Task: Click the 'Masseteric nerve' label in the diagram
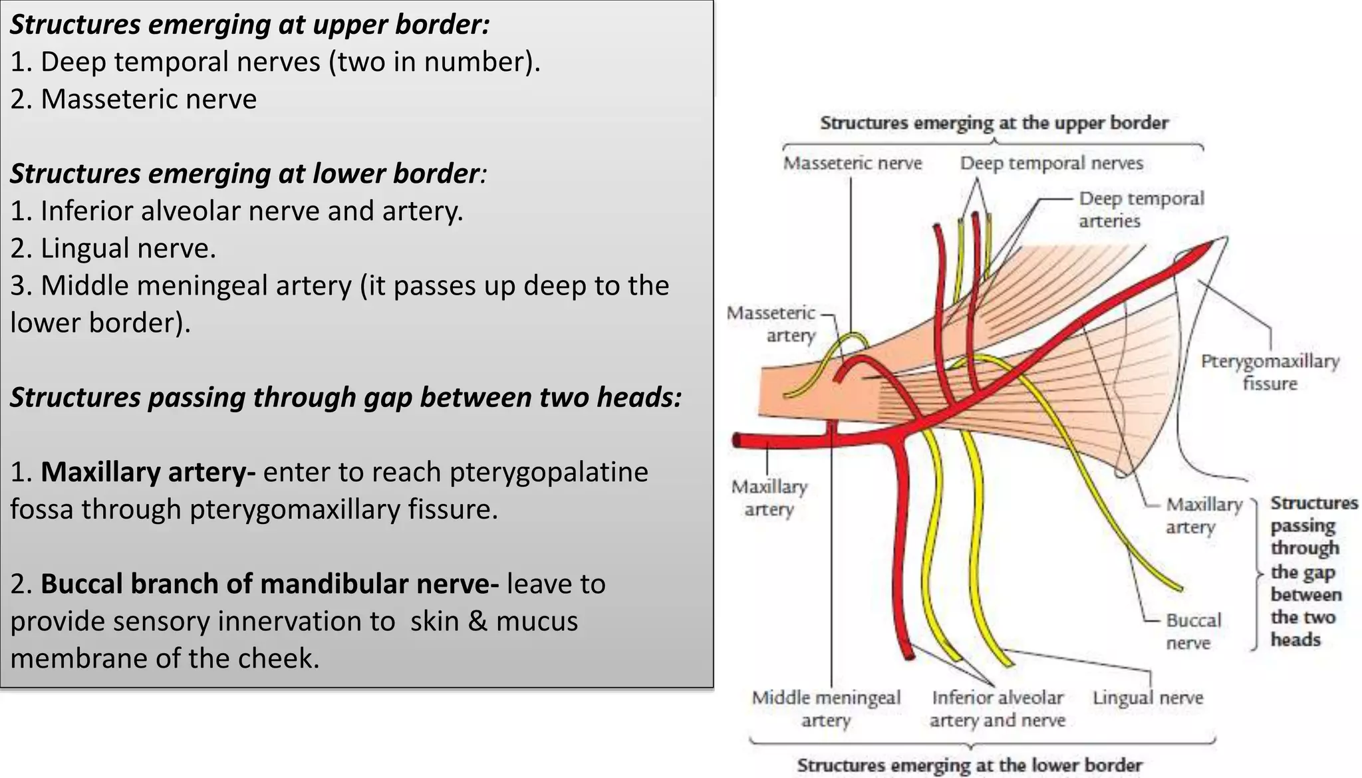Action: (x=852, y=164)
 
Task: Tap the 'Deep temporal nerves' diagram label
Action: (x=1051, y=164)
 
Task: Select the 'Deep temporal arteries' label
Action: (x=1141, y=209)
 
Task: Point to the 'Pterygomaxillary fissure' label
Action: (x=1270, y=372)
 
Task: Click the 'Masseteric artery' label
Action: (x=772, y=324)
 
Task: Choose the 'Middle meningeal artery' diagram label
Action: (x=826, y=709)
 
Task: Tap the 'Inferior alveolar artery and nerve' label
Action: (x=997, y=709)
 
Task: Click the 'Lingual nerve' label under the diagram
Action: (x=1147, y=698)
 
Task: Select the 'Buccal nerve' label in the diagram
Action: (x=1193, y=632)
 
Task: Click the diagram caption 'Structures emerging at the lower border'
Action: (x=970, y=765)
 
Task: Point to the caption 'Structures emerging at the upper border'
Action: (x=994, y=123)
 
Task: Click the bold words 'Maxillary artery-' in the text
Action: (x=148, y=472)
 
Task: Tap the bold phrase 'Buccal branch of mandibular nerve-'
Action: (x=269, y=584)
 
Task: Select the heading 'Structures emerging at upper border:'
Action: (x=250, y=25)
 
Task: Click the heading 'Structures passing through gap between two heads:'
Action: (x=346, y=398)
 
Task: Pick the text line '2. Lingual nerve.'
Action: (x=113, y=249)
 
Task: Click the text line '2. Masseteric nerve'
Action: (x=133, y=99)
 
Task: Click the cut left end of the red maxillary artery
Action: (x=738, y=440)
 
